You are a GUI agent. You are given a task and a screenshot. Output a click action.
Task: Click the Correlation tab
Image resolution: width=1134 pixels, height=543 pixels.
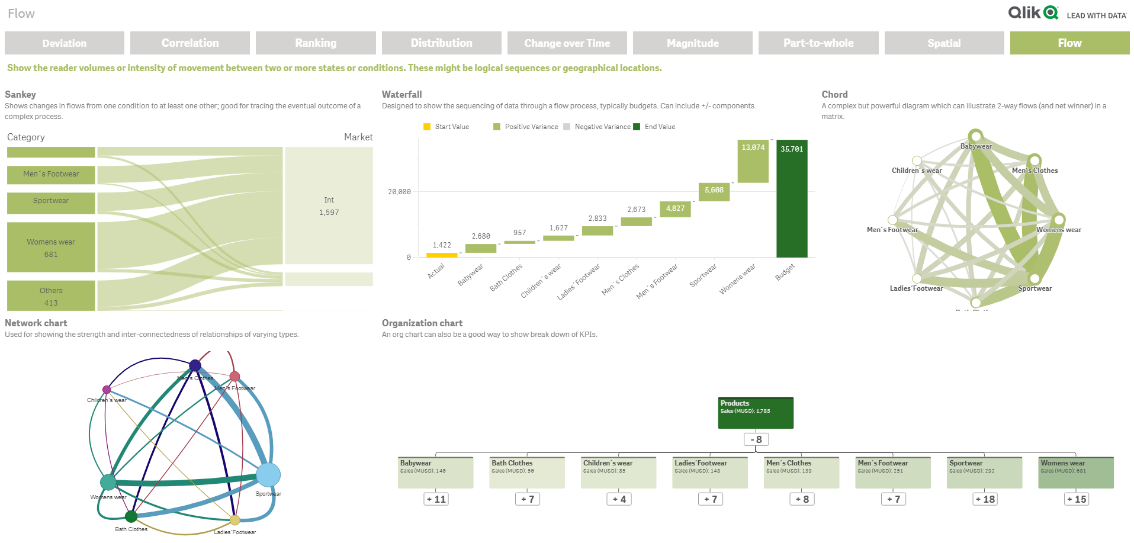(x=190, y=43)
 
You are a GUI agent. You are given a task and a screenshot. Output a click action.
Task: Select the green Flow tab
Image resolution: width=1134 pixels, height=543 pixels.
(x=1069, y=43)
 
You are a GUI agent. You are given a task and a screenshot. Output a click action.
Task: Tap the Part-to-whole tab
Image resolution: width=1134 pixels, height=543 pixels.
(x=818, y=43)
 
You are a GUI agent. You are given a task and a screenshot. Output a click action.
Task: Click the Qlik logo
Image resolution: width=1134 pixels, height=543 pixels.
(x=1033, y=12)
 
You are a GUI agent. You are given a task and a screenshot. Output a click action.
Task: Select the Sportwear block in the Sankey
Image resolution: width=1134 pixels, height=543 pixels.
(x=51, y=203)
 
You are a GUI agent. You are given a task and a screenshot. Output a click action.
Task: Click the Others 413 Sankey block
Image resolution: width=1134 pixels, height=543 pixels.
(x=51, y=295)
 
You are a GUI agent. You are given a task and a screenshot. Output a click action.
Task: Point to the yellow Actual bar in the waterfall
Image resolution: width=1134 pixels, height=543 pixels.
(x=442, y=255)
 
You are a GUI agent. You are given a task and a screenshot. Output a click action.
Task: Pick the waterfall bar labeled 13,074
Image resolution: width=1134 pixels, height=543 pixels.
(x=753, y=161)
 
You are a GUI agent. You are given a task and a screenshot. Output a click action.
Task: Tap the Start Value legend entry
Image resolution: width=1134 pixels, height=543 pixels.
(x=446, y=127)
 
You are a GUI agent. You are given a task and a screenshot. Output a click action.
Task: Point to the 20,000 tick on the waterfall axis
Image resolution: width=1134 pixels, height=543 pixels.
(x=399, y=192)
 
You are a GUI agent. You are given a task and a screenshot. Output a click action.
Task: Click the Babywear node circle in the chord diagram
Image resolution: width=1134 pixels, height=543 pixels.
(x=975, y=136)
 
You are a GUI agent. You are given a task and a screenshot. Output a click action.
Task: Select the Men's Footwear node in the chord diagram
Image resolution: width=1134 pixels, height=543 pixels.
(x=892, y=220)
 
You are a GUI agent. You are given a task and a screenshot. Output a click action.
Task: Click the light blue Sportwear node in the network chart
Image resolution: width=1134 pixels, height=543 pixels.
(x=268, y=475)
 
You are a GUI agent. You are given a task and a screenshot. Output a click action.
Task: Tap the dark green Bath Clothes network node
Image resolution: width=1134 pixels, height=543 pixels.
(x=131, y=517)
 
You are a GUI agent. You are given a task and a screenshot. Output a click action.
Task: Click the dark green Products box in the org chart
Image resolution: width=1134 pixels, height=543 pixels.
(x=755, y=413)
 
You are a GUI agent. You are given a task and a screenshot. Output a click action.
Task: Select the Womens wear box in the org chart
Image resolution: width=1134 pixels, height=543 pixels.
(x=1075, y=473)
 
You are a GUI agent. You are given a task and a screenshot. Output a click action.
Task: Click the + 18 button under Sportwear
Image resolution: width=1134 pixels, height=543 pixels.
(x=985, y=499)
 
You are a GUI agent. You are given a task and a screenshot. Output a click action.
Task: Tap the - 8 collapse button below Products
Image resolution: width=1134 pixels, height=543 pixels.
(x=756, y=439)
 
